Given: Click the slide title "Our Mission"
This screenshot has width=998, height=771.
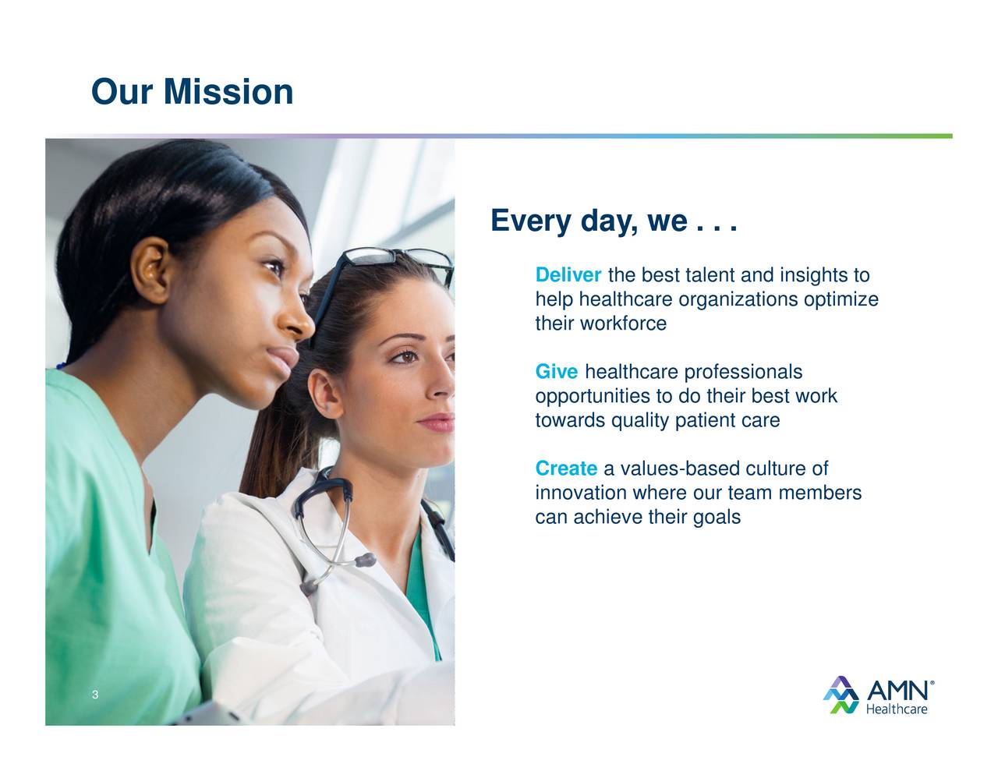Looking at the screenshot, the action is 192,92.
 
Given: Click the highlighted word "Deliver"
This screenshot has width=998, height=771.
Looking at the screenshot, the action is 568,274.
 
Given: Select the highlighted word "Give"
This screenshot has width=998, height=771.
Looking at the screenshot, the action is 556,371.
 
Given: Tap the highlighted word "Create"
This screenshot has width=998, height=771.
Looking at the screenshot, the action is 566,468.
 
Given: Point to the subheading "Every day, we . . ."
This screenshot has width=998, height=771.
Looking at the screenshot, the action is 614,221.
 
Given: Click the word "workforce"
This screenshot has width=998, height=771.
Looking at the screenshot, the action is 623,324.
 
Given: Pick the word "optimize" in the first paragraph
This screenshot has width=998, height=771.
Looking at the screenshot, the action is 841,300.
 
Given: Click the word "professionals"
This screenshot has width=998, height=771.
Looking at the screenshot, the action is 743,372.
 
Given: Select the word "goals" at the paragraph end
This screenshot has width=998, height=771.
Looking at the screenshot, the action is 717,518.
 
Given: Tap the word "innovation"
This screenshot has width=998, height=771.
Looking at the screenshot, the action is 581,493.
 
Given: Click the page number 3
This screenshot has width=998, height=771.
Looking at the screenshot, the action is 95,695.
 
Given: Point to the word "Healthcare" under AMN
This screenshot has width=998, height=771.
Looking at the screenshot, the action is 897,709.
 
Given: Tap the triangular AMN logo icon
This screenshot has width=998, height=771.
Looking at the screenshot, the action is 841,695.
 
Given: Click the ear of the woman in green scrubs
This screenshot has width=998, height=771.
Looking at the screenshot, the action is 150,271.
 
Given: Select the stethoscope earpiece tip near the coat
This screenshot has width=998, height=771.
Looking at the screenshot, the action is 366,560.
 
